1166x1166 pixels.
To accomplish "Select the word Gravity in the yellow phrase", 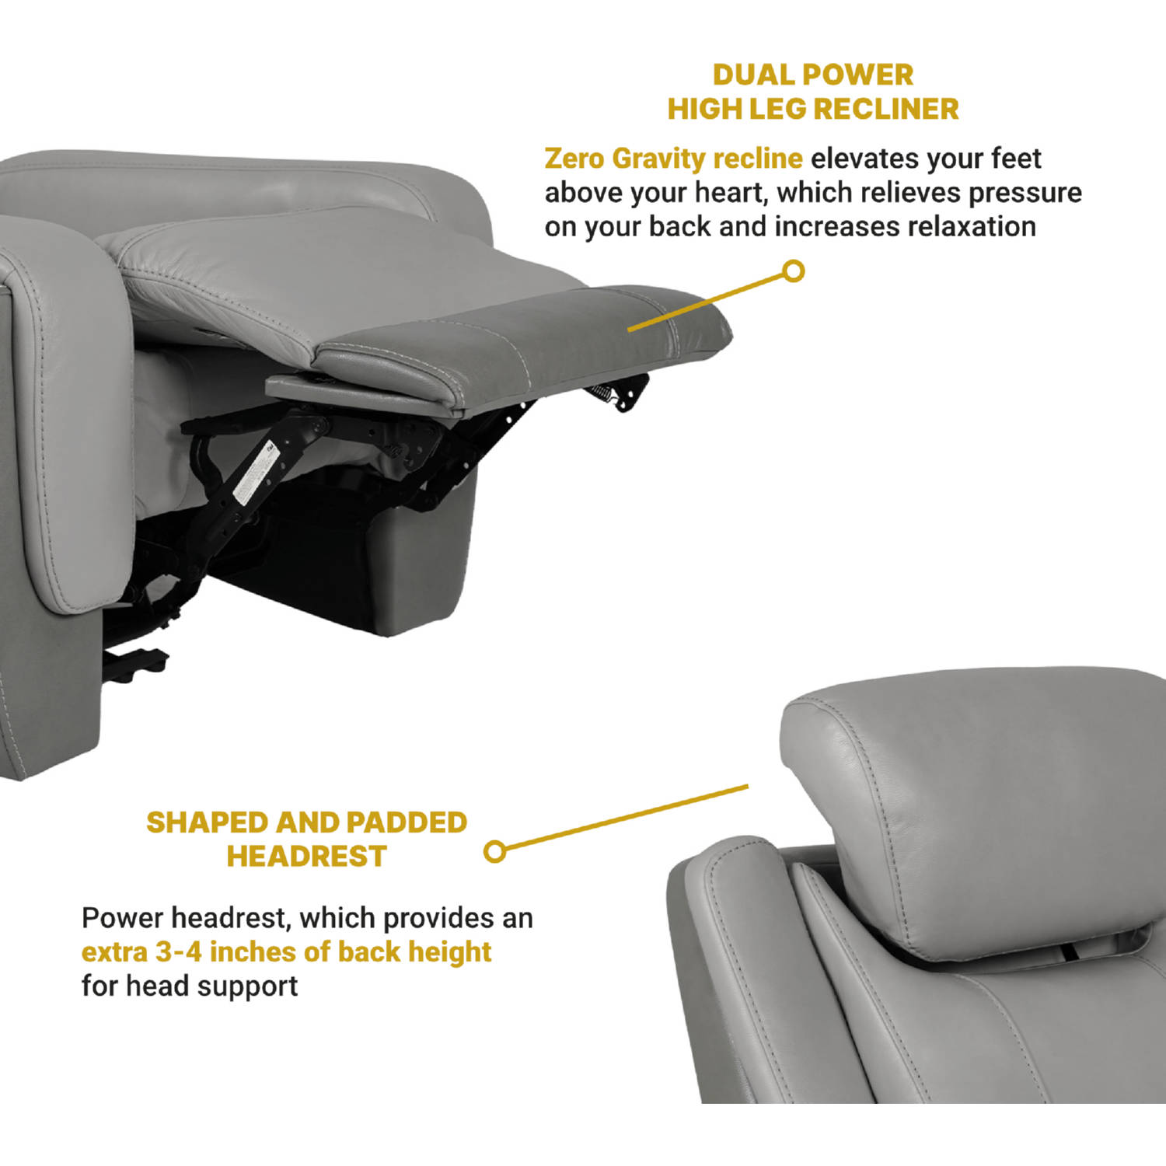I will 658,159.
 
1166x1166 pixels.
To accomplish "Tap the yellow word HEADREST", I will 306,857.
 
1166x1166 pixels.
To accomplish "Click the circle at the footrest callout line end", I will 793,272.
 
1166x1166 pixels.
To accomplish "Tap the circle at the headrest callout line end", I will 494,851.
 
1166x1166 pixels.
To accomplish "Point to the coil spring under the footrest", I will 597,393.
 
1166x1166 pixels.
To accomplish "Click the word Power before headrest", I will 123,918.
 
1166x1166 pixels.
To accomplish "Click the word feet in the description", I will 1015,159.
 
